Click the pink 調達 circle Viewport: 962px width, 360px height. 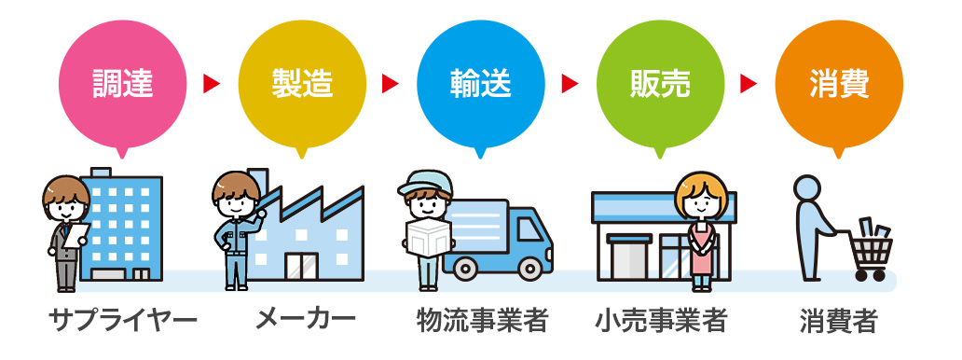[x=123, y=85]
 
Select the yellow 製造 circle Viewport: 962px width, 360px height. [x=302, y=85]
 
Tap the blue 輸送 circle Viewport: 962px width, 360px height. [x=481, y=85]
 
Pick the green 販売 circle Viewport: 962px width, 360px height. [x=660, y=85]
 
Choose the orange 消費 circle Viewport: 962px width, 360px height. [x=839, y=85]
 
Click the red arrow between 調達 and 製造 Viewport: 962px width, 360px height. [x=212, y=84]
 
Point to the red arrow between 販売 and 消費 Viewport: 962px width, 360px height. [x=749, y=84]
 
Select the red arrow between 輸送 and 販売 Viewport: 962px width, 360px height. [x=570, y=84]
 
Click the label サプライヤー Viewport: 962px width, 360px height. [x=123, y=320]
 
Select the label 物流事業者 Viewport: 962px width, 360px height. [x=482, y=320]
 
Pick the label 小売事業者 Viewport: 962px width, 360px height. [x=661, y=320]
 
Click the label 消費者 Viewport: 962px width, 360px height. [x=839, y=320]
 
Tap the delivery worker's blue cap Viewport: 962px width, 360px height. [x=424, y=183]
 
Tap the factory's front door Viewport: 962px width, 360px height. [x=301, y=266]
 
